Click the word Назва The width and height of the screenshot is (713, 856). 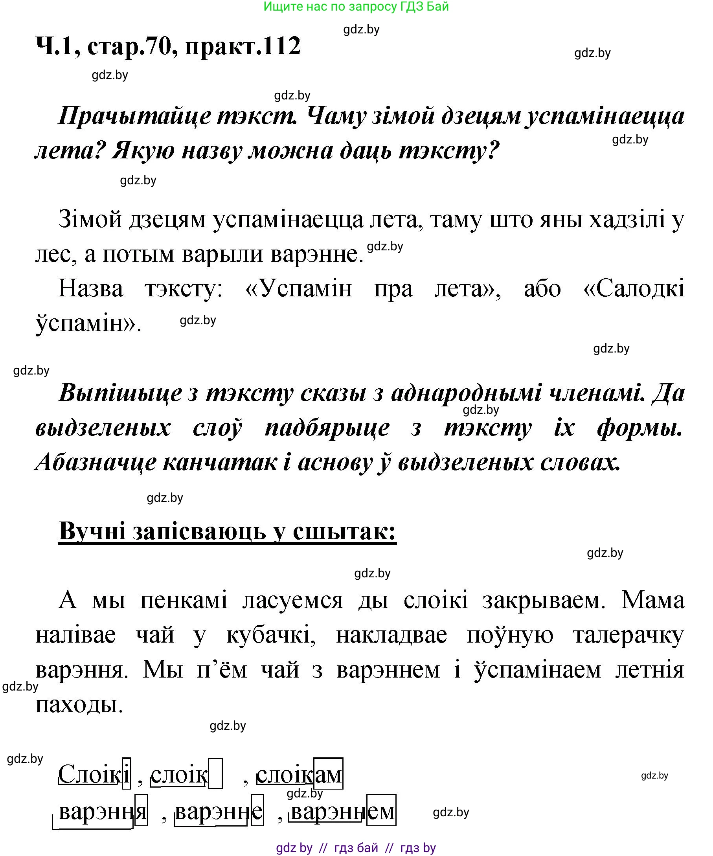click(x=90, y=288)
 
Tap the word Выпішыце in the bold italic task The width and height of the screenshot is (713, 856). click(x=120, y=393)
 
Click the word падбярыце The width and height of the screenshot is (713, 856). click(x=327, y=428)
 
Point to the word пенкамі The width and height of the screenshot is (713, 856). click(x=184, y=600)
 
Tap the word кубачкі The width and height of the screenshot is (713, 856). click(x=271, y=635)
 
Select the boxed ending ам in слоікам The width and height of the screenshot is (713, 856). click(x=328, y=773)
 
